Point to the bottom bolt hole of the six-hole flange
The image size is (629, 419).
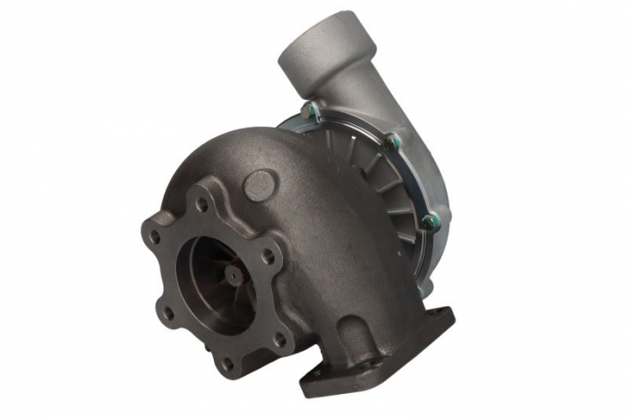pyautogui.click(x=226, y=363)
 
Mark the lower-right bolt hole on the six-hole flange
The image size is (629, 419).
pyautogui.click(x=279, y=339)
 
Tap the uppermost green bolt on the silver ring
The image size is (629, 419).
pyautogui.click(x=310, y=111)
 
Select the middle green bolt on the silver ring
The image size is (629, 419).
pyautogui.click(x=391, y=141)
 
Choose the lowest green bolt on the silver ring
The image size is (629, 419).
pyautogui.click(x=428, y=218)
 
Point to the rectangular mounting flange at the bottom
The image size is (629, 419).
pyautogui.click(x=377, y=355)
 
